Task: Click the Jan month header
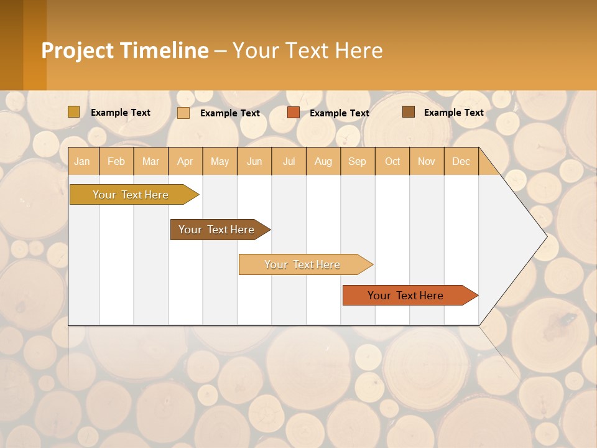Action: point(82,161)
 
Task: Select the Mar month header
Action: point(150,161)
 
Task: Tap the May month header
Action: point(220,161)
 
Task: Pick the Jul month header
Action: point(289,161)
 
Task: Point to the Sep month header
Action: point(357,161)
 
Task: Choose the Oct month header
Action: point(392,161)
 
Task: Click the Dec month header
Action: point(461,161)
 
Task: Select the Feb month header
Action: point(116,161)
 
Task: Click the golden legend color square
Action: point(74,112)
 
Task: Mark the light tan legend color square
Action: point(183,113)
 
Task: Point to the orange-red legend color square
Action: point(294,113)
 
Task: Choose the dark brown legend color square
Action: point(409,112)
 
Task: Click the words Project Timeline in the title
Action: point(124,50)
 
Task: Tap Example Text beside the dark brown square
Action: point(453,113)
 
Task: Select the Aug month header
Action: point(323,161)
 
